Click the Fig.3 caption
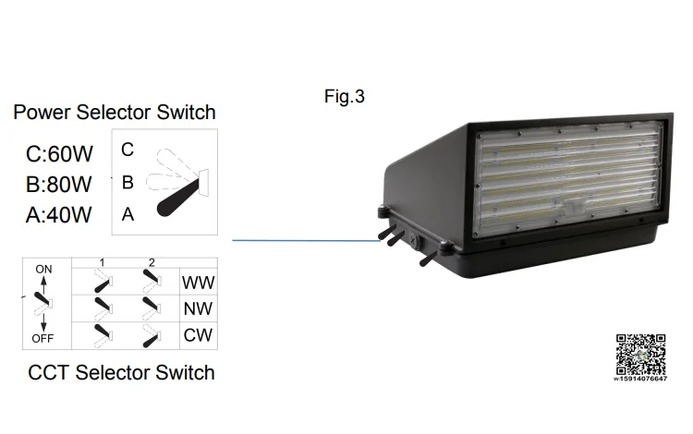[x=344, y=96]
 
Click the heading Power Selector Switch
[x=115, y=113]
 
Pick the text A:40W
[x=59, y=215]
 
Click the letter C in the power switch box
[x=128, y=150]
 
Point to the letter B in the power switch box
[x=128, y=182]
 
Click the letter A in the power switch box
[x=128, y=214]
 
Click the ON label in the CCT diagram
[x=43, y=269]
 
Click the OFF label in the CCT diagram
[x=43, y=338]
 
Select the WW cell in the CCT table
[x=198, y=282]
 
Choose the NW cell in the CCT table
[x=198, y=308]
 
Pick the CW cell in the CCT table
[x=198, y=335]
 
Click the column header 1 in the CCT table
[x=102, y=263]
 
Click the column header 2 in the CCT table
[x=151, y=263]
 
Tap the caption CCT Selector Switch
[x=121, y=373]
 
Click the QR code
[x=640, y=353]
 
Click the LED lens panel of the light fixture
[x=568, y=171]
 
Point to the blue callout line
[x=305, y=240]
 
